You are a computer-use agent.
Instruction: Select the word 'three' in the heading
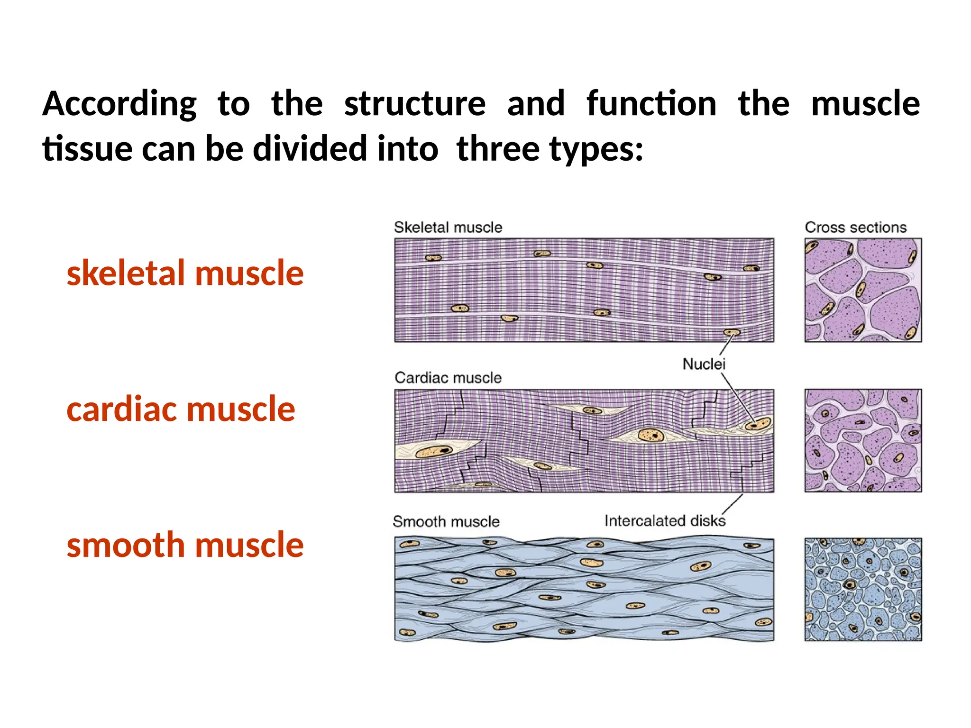tap(498, 148)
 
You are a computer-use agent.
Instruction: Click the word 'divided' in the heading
tap(310, 148)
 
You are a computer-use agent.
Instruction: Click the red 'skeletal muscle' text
tap(185, 273)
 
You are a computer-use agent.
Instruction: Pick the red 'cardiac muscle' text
tap(181, 409)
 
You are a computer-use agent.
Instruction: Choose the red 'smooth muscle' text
tap(185, 545)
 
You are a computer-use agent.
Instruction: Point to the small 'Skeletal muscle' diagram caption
tap(448, 227)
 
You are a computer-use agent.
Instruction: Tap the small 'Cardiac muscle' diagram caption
tap(448, 378)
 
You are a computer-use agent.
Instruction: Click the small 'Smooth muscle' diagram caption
tap(446, 521)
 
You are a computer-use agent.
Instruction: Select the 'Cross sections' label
tap(856, 227)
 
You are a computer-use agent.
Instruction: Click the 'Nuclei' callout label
tap(704, 364)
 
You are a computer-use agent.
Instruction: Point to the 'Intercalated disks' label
tap(665, 521)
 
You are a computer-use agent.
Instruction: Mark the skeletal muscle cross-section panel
tap(863, 290)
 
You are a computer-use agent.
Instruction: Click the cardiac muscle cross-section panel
tap(863, 440)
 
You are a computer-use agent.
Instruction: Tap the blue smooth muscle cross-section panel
tap(863, 589)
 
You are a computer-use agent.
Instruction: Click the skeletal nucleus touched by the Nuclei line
tap(732, 333)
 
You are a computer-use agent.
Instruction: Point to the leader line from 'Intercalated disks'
tap(733, 503)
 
